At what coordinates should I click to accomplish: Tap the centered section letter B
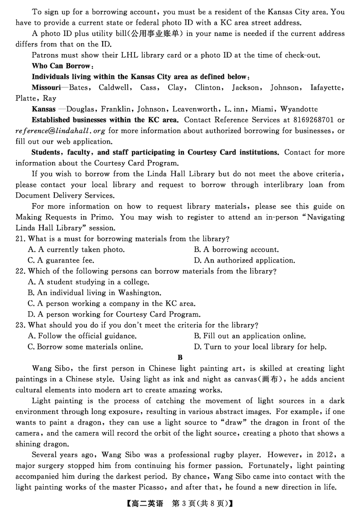tap(180, 358)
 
